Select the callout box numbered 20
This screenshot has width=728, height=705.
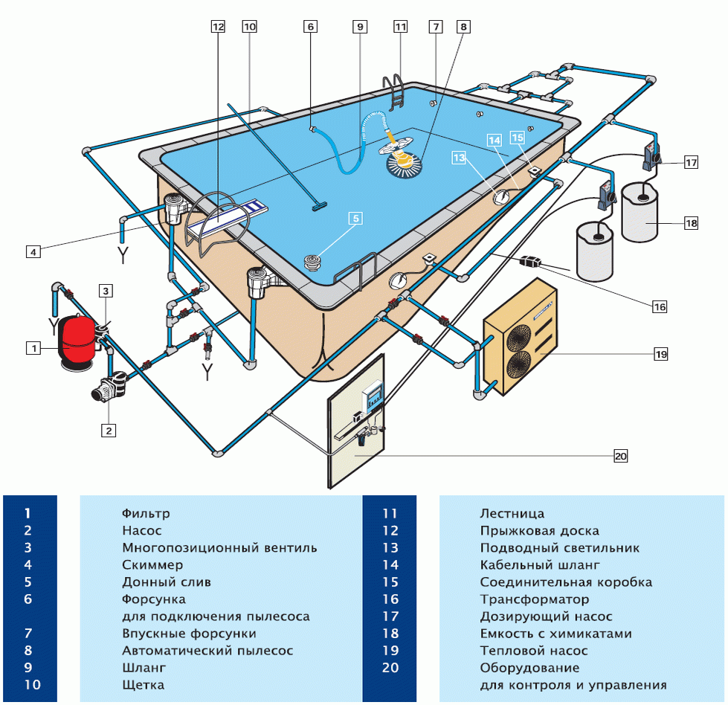(x=621, y=456)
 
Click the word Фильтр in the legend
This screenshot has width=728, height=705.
(x=146, y=513)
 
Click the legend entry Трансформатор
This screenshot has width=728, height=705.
(x=534, y=599)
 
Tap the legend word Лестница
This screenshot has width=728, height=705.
(x=512, y=513)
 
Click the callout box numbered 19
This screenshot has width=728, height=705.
(x=661, y=354)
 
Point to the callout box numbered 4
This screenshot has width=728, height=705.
(x=33, y=252)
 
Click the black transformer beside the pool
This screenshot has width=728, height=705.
(x=530, y=261)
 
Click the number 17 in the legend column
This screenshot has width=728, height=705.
(x=391, y=617)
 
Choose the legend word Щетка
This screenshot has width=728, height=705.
(x=143, y=685)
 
